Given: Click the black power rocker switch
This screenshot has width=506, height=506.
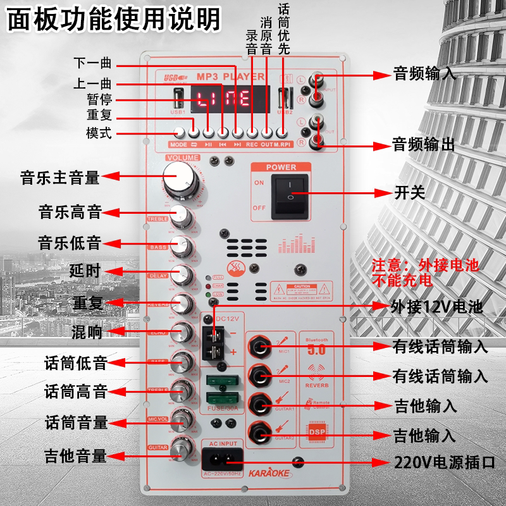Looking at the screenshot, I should (291, 197).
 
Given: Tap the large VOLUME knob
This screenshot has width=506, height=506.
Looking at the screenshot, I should (180, 175).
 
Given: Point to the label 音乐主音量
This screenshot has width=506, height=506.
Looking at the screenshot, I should (59, 178).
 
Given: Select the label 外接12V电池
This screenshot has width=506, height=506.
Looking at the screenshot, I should (437, 308).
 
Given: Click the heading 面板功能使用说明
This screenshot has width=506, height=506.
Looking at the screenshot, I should (114, 19).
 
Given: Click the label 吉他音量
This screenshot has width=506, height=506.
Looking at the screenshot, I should (75, 455).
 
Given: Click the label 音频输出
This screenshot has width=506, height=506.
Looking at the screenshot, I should (423, 144).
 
